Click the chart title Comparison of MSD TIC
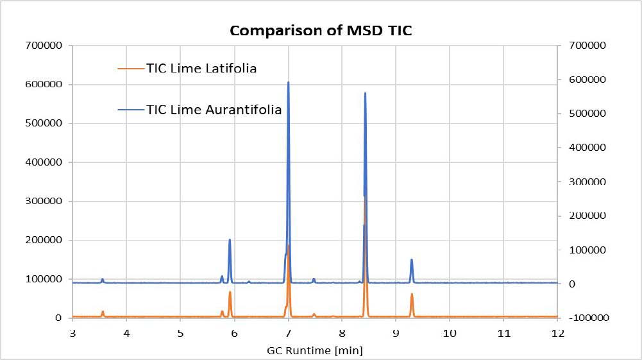click(x=321, y=30)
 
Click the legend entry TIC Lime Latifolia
click(x=201, y=68)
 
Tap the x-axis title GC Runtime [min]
click(x=314, y=350)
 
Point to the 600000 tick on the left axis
click(x=44, y=85)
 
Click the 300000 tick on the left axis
click(x=44, y=201)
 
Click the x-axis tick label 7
click(x=288, y=334)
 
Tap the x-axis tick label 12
click(x=557, y=334)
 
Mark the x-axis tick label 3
click(x=72, y=334)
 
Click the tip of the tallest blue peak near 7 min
click(x=288, y=82)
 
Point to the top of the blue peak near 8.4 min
click(x=365, y=93)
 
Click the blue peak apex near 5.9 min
click(x=230, y=240)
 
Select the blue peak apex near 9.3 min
click(x=412, y=260)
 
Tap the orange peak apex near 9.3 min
click(x=412, y=294)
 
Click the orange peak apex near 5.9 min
click(x=230, y=292)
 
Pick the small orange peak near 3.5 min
click(x=103, y=311)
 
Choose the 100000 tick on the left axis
click(x=44, y=279)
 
